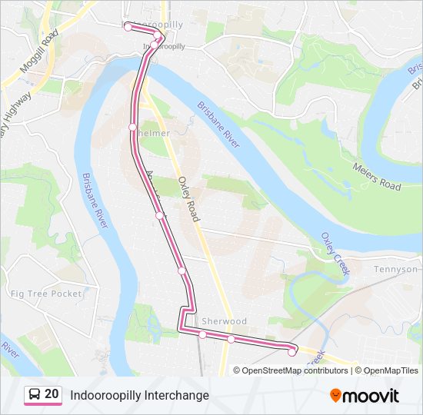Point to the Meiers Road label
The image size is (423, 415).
pyautogui.click(x=377, y=176)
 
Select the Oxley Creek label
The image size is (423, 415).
pyautogui.click(x=335, y=254)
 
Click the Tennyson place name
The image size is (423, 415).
pyautogui.click(x=395, y=270)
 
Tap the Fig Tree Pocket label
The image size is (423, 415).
pyautogui.click(x=46, y=294)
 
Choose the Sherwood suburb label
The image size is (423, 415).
pyautogui.click(x=225, y=321)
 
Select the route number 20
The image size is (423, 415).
pyautogui.click(x=52, y=394)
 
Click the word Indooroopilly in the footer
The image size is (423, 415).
pyautogui.click(x=102, y=395)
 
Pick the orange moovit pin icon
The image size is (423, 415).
pyautogui.click(x=335, y=395)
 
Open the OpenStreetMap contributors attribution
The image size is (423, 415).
pyautogui.click(x=295, y=370)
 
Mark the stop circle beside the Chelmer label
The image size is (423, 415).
pyautogui.click(x=132, y=127)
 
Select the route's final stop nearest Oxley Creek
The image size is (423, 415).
pyautogui.click(x=291, y=352)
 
